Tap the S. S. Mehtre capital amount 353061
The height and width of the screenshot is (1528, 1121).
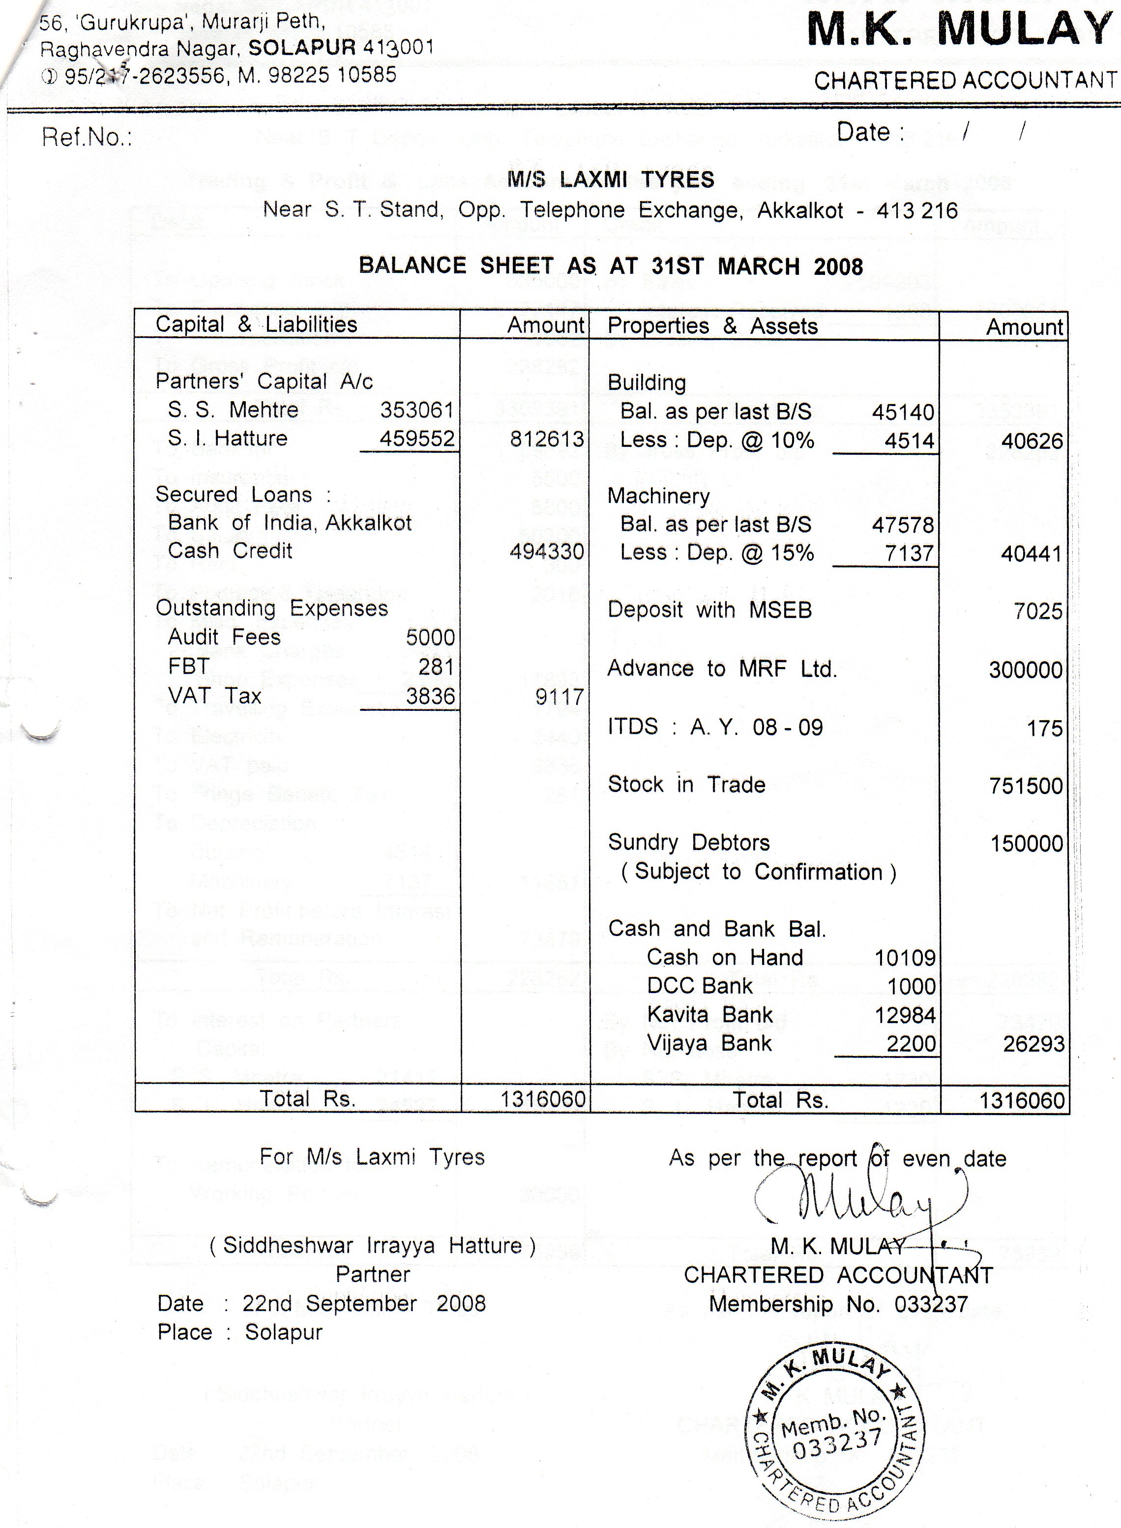click(x=416, y=410)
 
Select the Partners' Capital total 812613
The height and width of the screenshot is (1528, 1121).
click(x=546, y=439)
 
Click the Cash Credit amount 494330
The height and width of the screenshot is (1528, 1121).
click(x=546, y=551)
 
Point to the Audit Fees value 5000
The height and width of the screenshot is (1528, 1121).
click(x=430, y=637)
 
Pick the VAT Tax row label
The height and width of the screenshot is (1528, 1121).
click(x=214, y=696)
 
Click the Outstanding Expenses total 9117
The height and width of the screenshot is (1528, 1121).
click(x=559, y=697)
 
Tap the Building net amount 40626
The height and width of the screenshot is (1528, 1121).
click(x=1032, y=441)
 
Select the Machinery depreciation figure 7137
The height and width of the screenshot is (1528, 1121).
click(x=909, y=554)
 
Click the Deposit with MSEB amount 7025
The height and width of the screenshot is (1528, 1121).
click(x=1037, y=611)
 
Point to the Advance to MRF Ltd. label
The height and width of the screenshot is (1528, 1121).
click(x=722, y=669)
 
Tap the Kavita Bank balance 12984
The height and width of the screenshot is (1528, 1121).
click(x=905, y=1015)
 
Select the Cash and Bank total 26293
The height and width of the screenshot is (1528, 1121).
click(x=1033, y=1044)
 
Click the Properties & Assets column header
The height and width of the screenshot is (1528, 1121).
click(x=712, y=326)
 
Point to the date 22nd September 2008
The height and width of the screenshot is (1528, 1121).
click(x=364, y=1303)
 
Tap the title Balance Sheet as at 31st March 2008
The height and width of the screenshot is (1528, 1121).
click(x=610, y=266)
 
